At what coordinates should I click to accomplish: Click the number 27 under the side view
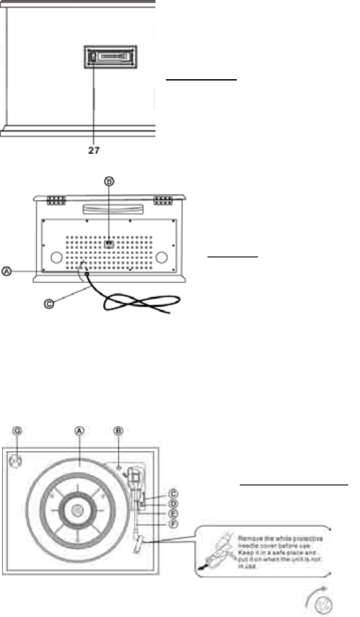94,150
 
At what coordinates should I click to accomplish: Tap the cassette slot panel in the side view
110,56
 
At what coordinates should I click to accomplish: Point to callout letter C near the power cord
49,303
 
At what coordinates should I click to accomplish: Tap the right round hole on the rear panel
161,257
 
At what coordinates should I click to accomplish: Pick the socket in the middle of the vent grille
109,244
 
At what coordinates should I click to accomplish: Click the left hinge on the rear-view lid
56,200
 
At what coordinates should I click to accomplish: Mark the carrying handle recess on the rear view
109,208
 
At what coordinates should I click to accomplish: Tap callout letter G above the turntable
17,430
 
